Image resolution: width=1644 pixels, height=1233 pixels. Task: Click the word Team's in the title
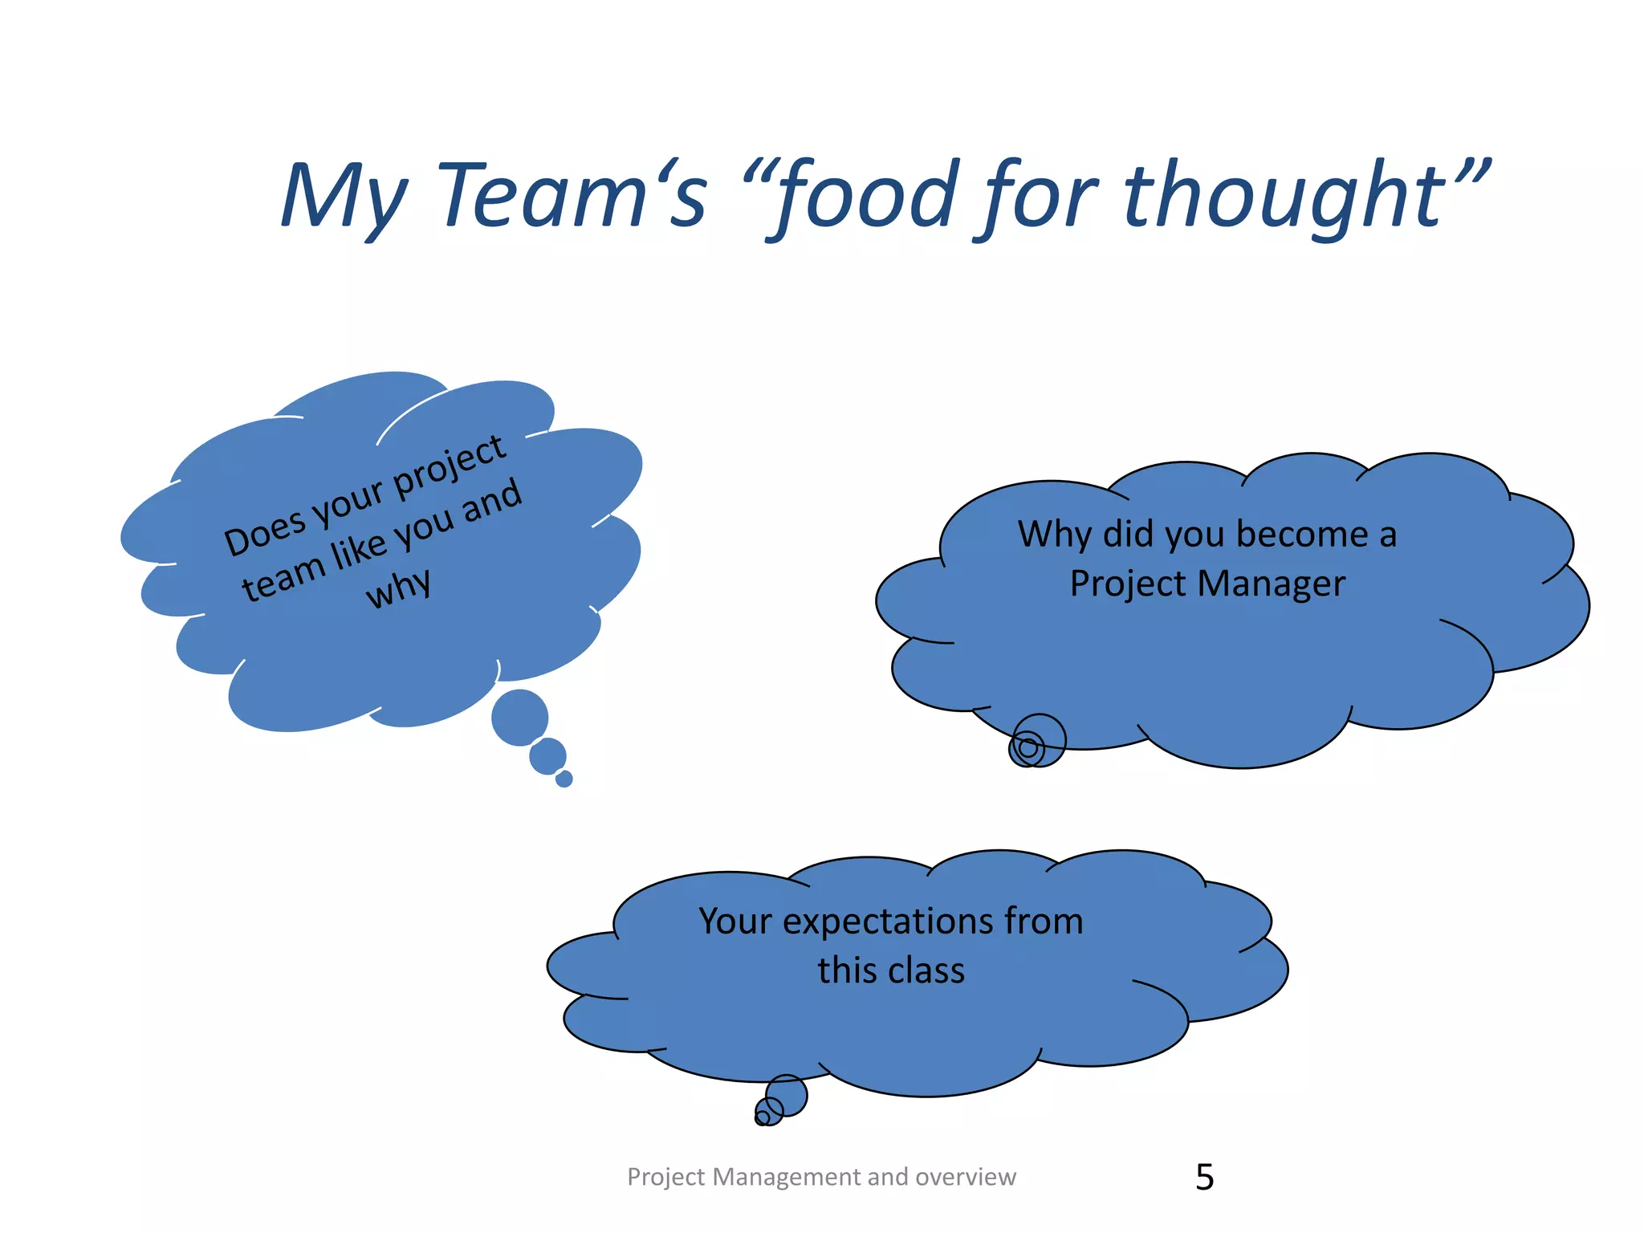[572, 195]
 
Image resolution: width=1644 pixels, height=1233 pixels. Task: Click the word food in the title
[871, 195]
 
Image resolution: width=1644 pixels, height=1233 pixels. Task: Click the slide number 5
[1204, 1178]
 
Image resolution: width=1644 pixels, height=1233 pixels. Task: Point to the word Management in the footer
[787, 1177]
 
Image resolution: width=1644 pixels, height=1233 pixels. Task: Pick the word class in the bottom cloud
[926, 971]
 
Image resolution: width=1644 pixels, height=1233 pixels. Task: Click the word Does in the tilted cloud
[265, 531]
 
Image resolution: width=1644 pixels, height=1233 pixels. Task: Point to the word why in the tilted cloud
[399, 588]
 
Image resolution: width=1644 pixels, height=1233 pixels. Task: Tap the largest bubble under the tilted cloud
[519, 717]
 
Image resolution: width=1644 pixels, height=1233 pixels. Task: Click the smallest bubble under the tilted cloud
[564, 779]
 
